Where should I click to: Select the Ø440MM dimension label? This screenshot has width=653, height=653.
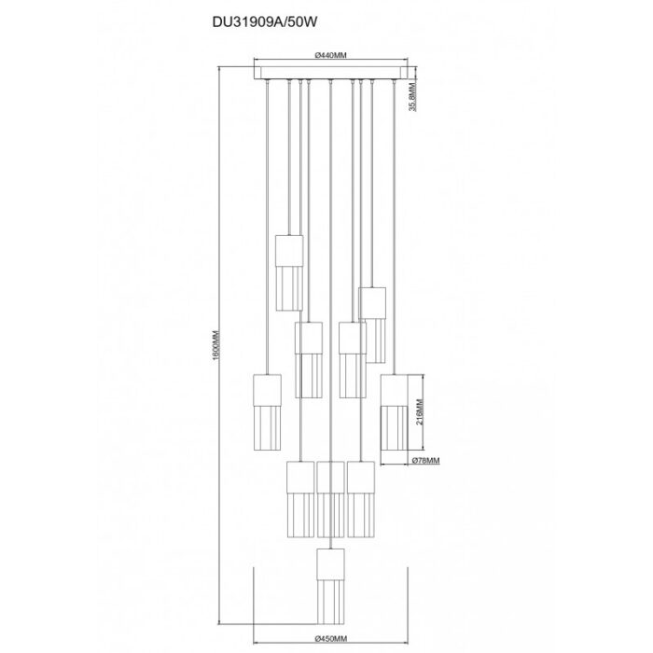tap(332, 58)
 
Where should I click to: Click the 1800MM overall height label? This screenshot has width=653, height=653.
tap(214, 346)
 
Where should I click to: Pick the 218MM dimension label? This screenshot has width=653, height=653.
tap(420, 410)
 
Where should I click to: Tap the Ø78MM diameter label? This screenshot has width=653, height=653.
tap(425, 460)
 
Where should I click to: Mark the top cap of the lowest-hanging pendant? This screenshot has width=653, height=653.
tap(331, 563)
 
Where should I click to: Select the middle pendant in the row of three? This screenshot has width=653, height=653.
tap(331, 500)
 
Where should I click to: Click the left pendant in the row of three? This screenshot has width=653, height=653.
tap(300, 500)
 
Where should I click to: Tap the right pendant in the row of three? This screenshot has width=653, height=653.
tap(361, 500)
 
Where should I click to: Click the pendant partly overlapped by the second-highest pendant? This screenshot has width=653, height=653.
tap(351, 359)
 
